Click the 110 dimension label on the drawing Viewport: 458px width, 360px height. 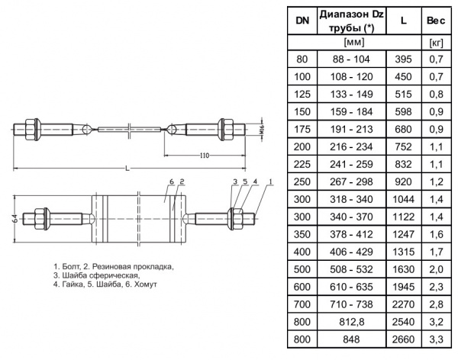(x=202, y=156)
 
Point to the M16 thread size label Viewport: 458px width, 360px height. (x=262, y=129)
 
